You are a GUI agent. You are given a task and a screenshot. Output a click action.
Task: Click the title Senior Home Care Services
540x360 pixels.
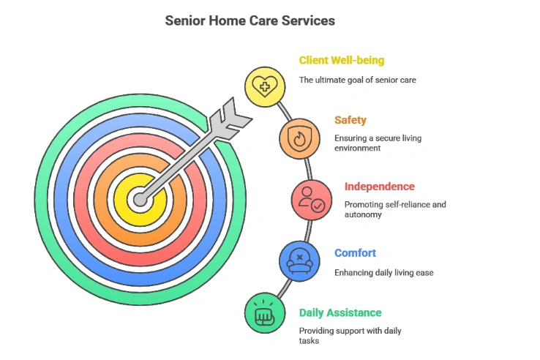[250, 20]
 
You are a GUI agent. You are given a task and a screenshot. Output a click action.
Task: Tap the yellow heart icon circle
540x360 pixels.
[265, 87]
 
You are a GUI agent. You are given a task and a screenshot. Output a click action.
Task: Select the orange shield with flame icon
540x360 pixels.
[299, 139]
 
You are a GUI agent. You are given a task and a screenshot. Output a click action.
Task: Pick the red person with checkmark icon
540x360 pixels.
[312, 200]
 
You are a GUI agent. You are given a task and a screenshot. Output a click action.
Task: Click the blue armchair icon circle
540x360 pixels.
[299, 261]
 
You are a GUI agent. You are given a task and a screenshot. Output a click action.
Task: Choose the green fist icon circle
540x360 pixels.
[265, 313]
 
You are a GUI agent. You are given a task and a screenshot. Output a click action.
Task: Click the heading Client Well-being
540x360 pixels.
[342, 60]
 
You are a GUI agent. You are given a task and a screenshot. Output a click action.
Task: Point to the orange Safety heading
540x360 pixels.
[350, 120]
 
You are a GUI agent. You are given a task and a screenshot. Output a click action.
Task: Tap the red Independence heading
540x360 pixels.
[380, 187]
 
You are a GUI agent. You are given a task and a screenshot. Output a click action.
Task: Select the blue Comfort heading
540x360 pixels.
[355, 253]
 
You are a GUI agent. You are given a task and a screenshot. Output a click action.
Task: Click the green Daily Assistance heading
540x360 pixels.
[340, 312]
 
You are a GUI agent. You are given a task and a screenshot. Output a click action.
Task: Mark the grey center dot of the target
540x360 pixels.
[140, 200]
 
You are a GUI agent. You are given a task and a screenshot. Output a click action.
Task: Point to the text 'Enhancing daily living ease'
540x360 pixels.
[384, 273]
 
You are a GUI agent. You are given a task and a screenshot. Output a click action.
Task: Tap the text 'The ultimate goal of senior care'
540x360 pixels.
[358, 80]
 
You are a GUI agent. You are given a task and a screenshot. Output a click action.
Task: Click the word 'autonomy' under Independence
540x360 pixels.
[363, 214]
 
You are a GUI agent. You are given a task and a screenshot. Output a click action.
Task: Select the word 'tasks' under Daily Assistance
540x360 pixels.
[309, 341]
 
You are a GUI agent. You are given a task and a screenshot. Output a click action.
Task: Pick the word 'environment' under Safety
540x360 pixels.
[358, 148]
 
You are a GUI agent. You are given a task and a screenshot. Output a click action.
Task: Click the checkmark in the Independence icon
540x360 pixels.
[318, 206]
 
